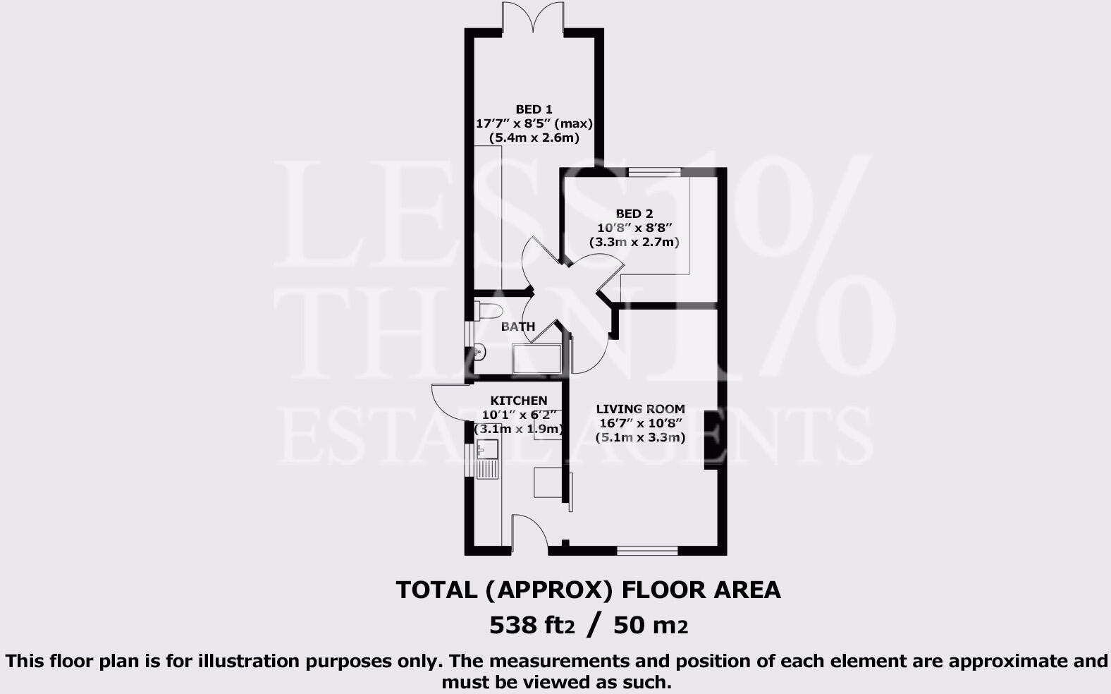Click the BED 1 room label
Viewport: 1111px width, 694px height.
[x=534, y=109]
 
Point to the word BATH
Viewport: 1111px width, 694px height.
[x=518, y=327]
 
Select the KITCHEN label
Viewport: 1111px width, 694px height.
[x=519, y=401]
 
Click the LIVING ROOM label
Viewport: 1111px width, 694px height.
[x=640, y=409]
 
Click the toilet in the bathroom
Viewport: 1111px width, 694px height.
[x=488, y=310]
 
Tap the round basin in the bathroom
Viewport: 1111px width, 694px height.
[x=479, y=351]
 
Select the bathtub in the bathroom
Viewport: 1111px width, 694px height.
[x=537, y=359]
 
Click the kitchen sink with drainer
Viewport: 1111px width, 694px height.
[x=487, y=458]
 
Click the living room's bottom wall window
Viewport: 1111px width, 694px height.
[x=647, y=550]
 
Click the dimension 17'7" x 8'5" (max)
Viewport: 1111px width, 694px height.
[x=534, y=123]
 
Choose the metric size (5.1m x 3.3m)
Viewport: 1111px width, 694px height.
[x=640, y=437]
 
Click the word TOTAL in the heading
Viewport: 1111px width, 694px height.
[x=436, y=590]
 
